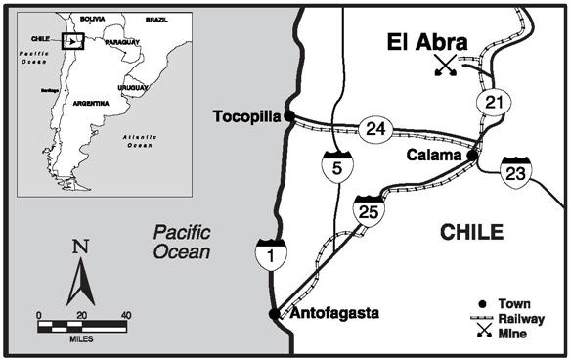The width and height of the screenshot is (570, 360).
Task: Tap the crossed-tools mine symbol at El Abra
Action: click(x=446, y=67)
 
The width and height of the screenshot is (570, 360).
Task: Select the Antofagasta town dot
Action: click(x=273, y=314)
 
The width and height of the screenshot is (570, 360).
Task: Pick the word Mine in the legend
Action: click(x=515, y=334)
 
